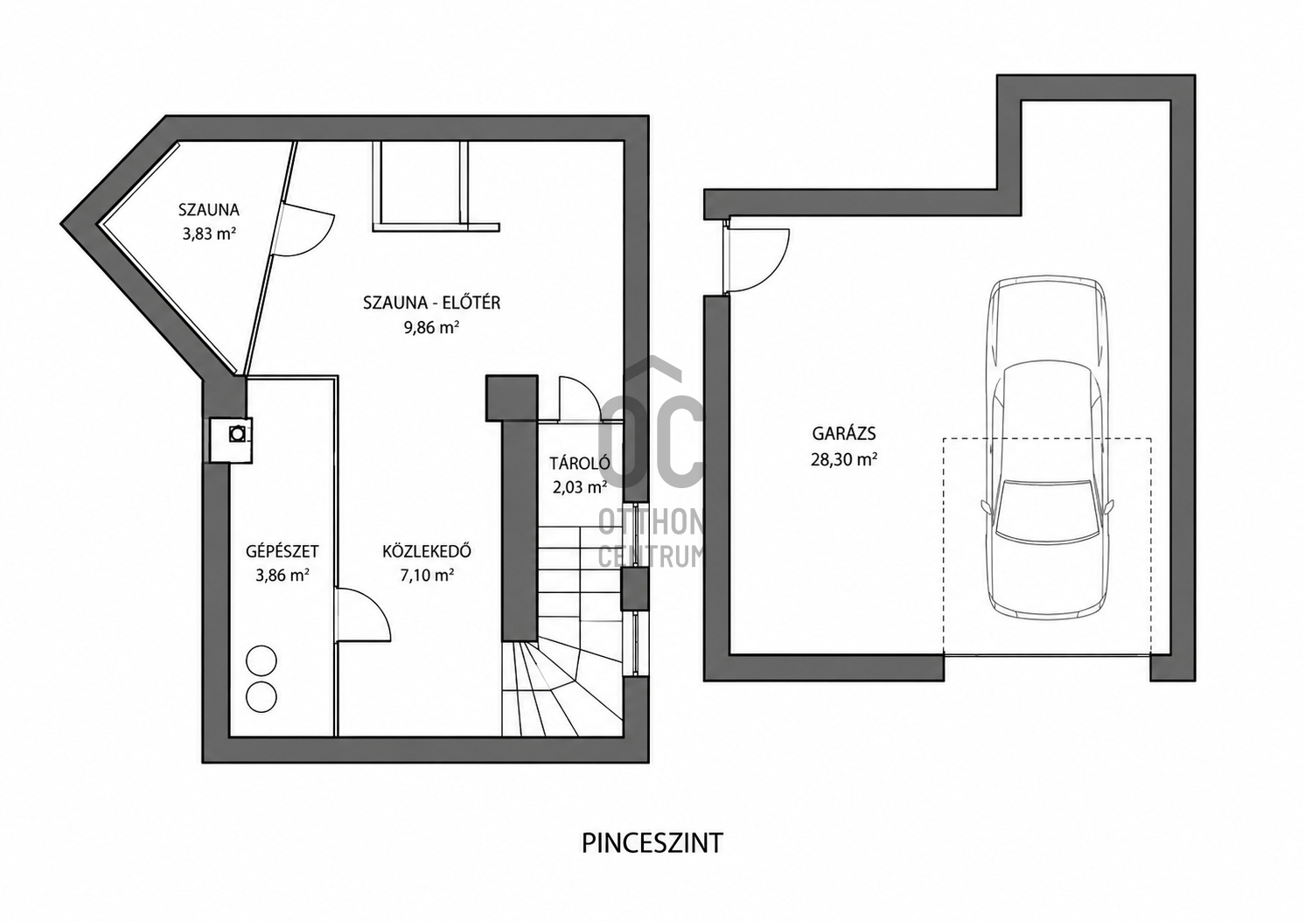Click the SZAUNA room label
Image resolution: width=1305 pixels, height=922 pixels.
(208, 210)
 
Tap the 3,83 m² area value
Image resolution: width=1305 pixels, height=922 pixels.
(208, 234)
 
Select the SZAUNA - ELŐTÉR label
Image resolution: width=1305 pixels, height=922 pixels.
(432, 303)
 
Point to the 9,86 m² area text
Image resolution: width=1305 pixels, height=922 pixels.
(432, 327)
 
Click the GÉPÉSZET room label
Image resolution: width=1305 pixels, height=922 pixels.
(282, 551)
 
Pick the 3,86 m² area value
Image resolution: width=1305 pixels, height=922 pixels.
(282, 576)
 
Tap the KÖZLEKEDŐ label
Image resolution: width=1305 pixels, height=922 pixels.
(427, 551)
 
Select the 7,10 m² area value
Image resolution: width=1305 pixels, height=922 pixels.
(427, 576)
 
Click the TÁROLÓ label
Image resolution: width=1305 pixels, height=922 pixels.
(580, 463)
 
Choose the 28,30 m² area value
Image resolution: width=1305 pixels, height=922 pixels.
(844, 459)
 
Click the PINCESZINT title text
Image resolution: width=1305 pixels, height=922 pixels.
(652, 843)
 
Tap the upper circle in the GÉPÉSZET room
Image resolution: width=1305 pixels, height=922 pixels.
(261, 661)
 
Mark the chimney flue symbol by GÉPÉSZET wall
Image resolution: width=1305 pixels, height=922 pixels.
(238, 433)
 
